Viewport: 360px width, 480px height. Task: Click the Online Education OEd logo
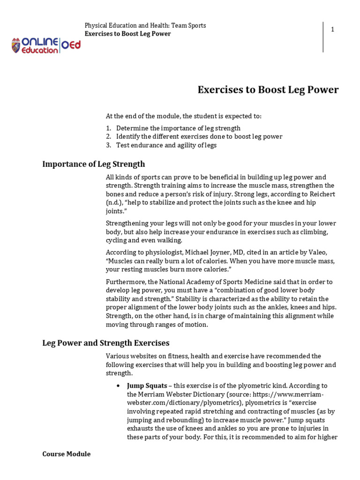click(46, 45)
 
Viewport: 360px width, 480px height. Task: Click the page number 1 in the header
click(332, 30)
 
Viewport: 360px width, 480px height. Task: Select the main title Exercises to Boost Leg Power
click(268, 90)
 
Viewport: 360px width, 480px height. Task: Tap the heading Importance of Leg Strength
click(93, 164)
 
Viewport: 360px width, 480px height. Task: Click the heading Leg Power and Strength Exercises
click(105, 343)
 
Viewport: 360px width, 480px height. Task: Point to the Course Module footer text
click(66, 454)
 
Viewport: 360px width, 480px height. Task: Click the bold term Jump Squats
click(147, 386)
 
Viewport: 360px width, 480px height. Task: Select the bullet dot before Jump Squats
click(118, 386)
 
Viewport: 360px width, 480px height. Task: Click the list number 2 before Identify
click(108, 137)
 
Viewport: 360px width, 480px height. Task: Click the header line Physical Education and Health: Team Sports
click(145, 25)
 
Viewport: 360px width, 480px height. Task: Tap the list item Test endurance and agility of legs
click(166, 145)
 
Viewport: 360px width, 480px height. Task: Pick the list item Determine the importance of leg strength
click(178, 128)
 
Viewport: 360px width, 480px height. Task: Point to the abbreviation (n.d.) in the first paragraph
click(113, 202)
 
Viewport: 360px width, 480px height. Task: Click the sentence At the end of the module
click(183, 116)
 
